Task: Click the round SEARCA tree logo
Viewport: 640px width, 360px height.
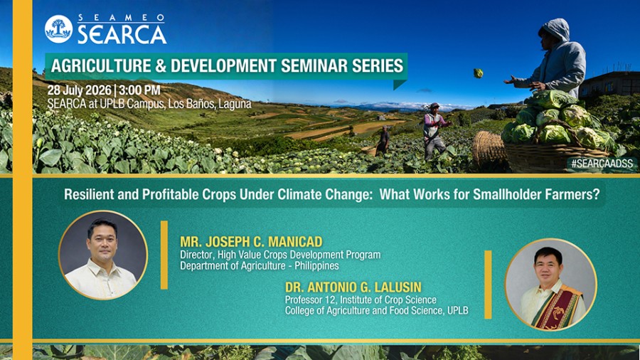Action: pos(58,29)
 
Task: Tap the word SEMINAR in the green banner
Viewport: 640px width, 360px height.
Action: pos(314,65)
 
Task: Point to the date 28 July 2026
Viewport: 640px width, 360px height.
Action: pos(79,90)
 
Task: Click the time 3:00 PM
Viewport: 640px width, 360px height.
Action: pos(139,90)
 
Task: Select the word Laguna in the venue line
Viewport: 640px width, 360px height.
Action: pos(235,104)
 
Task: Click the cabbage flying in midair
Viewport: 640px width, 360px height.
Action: pos(478,73)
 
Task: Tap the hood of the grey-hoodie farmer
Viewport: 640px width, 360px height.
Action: pos(555,29)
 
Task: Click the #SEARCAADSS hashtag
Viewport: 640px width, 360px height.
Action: pos(602,164)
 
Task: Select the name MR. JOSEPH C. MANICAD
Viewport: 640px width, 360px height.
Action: pos(251,242)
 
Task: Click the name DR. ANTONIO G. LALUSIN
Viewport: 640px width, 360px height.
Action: pos(353,287)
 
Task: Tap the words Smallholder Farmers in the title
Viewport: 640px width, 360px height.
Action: pos(536,195)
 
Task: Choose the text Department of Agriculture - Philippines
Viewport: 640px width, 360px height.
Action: pos(259,265)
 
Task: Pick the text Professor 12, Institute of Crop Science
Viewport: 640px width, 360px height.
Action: pos(361,300)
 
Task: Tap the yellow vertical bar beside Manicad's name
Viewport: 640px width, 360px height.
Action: pos(164,255)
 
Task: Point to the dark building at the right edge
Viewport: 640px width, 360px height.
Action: pos(609,85)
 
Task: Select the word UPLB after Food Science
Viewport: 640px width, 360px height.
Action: pos(457,311)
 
